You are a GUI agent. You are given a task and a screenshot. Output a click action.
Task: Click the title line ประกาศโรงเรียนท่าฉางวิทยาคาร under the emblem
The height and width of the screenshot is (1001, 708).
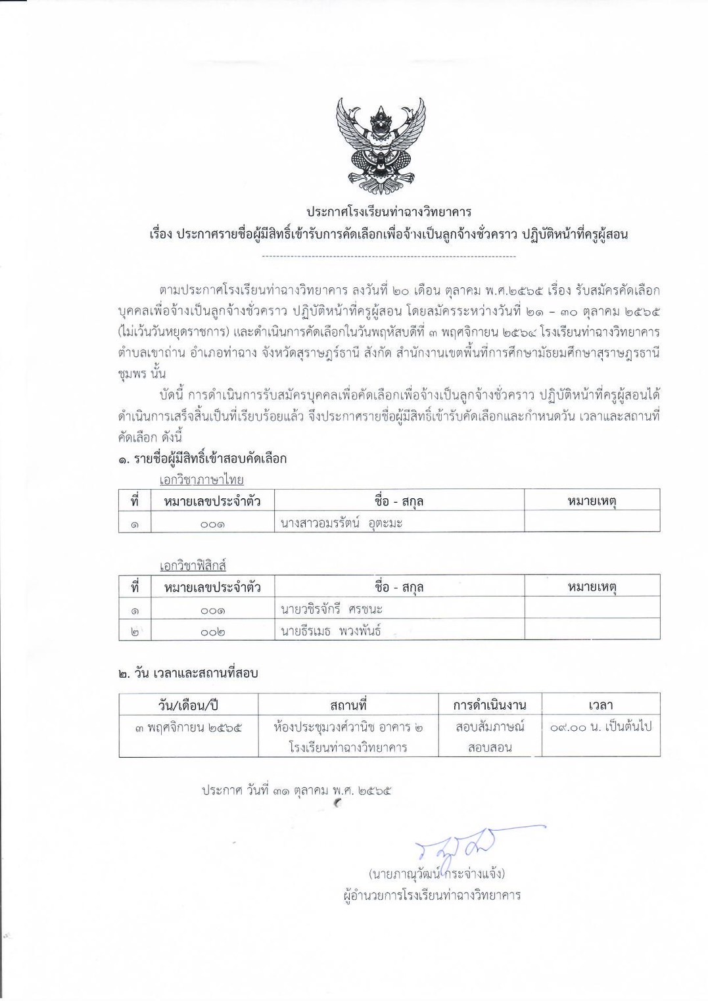(389, 212)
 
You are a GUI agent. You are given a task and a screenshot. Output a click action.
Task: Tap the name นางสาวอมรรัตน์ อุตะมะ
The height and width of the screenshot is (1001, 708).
(341, 523)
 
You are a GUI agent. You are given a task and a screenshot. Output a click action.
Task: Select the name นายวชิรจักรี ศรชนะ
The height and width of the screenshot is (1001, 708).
(331, 609)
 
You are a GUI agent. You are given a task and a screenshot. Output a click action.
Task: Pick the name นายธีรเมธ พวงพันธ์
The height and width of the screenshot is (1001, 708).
(330, 631)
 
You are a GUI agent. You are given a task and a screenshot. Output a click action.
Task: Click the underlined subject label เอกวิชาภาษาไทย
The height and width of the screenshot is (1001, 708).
(201, 480)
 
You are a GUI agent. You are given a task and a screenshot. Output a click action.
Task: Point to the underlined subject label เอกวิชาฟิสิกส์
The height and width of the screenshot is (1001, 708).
(193, 565)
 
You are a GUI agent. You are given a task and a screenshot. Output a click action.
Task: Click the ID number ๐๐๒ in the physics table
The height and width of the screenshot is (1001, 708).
(212, 632)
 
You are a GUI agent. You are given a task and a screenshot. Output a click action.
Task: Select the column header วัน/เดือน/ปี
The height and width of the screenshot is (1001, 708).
(188, 705)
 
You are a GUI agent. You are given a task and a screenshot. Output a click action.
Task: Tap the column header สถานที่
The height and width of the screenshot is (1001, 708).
(348, 705)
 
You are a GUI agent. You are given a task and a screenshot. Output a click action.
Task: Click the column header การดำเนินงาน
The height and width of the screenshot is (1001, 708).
(489, 705)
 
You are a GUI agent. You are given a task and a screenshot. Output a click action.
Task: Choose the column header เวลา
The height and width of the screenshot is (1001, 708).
(600, 705)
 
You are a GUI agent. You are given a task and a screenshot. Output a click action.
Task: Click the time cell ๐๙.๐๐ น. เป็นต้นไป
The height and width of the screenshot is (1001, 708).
(600, 727)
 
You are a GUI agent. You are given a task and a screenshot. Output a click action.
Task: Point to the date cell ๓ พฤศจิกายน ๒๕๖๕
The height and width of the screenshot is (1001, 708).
(188, 727)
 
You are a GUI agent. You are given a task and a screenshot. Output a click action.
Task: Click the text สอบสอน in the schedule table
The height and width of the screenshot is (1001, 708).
(489, 747)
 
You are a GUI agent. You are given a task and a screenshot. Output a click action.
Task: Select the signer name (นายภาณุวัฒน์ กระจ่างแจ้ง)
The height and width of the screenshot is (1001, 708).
(437, 873)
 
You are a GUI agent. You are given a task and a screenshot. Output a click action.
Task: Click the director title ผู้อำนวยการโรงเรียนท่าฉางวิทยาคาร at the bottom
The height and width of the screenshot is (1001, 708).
(432, 895)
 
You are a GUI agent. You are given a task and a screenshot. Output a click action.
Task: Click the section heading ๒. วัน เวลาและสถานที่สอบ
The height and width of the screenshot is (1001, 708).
(188, 673)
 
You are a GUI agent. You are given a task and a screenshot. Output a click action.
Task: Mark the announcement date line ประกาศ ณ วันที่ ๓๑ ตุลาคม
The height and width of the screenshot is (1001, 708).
(296, 790)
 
